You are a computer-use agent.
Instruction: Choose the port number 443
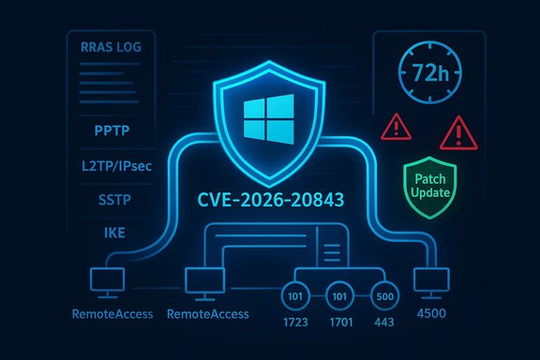pos(385,325)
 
